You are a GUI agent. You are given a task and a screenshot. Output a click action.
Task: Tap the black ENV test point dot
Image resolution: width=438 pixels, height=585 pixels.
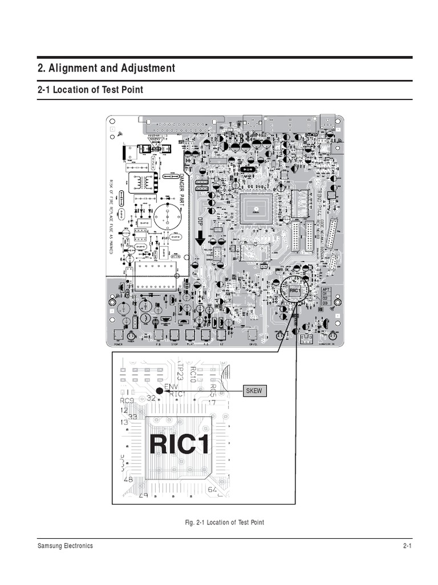tap(159, 391)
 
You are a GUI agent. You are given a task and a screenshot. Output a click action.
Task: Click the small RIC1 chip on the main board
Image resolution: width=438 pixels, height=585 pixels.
tap(295, 291)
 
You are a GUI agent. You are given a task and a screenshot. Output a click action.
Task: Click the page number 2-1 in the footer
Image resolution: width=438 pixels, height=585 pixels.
tap(407, 546)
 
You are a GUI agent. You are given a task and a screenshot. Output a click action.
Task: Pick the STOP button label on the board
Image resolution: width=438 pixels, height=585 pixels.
tap(176, 344)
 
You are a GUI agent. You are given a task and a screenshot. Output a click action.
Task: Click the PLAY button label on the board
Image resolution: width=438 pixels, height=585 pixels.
tap(191, 344)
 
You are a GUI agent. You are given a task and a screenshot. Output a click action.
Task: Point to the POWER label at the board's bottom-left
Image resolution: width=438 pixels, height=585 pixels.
tap(118, 344)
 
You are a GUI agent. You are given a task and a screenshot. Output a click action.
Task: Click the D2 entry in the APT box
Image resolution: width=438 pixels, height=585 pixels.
tap(325, 298)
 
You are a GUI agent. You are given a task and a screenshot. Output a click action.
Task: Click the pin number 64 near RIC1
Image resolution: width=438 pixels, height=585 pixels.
tap(213, 490)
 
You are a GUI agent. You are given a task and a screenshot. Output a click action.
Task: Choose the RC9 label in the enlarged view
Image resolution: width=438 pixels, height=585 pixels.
tap(127, 400)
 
